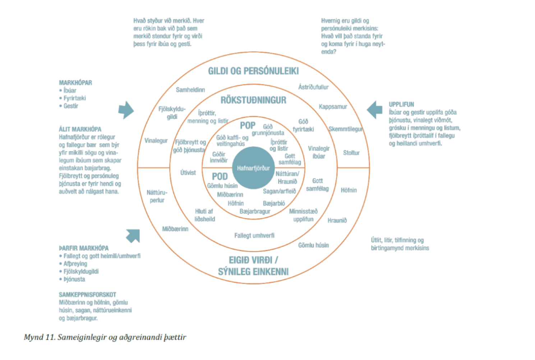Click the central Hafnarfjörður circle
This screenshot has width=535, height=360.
coord(253,168)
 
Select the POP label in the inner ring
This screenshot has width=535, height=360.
coord(248,125)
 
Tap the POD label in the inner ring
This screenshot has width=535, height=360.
coord(220,176)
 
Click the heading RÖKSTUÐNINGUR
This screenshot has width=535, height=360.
coord(253,100)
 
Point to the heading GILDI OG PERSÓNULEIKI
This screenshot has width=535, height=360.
coord(253,71)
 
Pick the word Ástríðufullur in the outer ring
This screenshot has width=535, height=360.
coord(313,87)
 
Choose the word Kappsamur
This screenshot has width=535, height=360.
coord(333,107)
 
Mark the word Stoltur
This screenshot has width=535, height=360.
coord(351,153)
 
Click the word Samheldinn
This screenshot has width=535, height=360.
coord(190,90)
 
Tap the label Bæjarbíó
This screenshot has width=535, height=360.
coord(274,203)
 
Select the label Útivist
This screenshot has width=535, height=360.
coord(188,173)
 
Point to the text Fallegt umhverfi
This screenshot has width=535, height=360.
coord(254,236)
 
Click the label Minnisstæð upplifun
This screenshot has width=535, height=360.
coord(303,215)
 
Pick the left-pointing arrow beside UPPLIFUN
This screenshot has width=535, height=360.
coord(374,110)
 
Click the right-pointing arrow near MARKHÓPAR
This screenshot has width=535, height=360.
coord(126,110)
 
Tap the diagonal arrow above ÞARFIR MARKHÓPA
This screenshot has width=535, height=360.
coord(133,236)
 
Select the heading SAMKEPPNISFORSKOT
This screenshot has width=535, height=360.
coord(87,295)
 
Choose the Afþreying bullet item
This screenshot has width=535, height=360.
coord(75,264)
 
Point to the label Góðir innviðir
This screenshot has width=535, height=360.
coord(218,157)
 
